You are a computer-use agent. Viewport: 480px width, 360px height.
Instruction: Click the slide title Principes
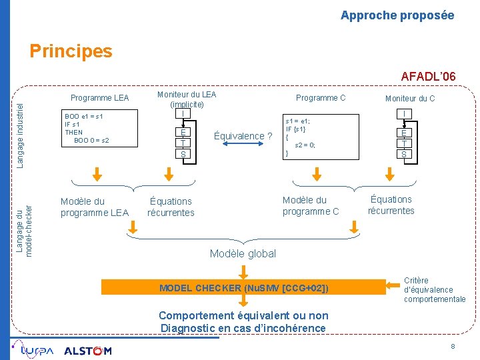(x=71, y=51)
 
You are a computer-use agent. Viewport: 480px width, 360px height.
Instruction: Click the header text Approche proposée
(x=397, y=15)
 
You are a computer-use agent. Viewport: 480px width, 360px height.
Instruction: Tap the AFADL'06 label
(x=428, y=77)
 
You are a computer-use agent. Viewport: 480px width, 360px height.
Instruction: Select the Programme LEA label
(x=100, y=98)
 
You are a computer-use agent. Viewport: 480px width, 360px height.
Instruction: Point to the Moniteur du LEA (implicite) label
(x=187, y=99)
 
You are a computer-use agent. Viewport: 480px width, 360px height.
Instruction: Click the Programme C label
(x=321, y=98)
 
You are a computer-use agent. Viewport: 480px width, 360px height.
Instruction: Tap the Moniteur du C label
(x=410, y=99)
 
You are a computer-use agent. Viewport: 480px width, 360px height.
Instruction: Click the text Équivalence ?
(x=243, y=136)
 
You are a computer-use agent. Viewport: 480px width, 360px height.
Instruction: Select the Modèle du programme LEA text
(x=94, y=207)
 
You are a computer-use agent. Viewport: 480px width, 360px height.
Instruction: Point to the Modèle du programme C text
(x=311, y=206)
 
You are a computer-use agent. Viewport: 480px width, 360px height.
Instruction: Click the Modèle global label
(x=243, y=253)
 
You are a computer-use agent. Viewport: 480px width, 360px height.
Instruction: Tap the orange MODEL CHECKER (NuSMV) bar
(x=243, y=288)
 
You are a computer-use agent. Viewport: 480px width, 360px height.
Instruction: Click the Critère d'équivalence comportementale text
(x=434, y=290)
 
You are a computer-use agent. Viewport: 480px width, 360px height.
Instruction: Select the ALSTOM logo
(x=88, y=351)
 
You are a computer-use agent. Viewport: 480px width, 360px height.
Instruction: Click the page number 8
(x=453, y=347)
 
